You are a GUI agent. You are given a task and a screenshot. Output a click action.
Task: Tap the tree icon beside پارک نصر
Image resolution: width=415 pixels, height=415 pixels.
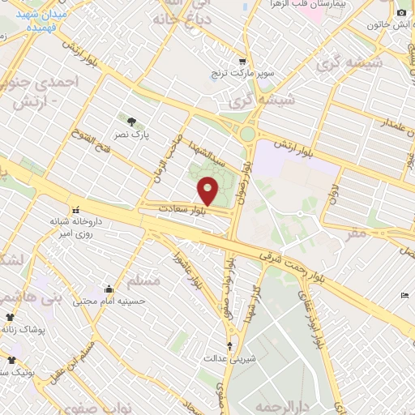point(131,122)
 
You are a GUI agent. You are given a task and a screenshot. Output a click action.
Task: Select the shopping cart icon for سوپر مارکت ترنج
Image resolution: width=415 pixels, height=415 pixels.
point(242,62)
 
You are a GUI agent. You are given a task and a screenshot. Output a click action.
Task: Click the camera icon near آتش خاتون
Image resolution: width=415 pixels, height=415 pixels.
point(400,12)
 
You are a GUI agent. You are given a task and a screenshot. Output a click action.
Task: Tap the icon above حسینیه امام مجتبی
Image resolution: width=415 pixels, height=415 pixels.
point(109,289)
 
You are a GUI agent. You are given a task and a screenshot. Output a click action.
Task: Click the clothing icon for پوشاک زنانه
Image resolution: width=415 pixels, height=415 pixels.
point(10,317)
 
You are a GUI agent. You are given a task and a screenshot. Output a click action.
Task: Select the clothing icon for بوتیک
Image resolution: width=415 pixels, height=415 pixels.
point(11,360)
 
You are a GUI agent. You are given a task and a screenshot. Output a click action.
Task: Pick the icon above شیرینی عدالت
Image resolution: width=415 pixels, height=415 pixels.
point(229,346)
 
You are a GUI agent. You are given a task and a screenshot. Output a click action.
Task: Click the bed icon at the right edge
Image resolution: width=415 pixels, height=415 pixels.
point(405,295)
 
